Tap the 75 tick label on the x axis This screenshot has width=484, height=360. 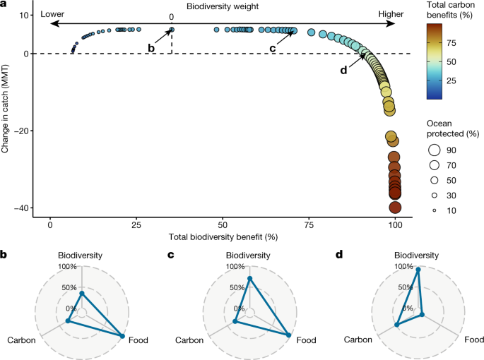[309, 223]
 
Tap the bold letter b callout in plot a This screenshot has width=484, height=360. [150, 47]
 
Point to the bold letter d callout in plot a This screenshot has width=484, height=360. [344, 70]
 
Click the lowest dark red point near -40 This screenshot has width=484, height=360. [396, 208]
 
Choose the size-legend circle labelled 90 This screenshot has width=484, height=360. [434, 150]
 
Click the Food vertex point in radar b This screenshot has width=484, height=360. [123, 336]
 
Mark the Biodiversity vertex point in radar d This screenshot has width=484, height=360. [418, 270]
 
